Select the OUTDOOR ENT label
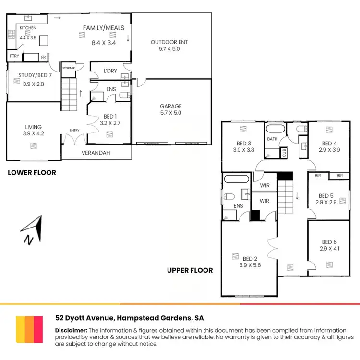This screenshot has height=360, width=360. coord(169,42)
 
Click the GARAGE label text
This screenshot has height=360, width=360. coord(171,106)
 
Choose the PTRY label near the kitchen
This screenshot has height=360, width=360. coord(14,57)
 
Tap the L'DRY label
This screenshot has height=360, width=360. coord(110,71)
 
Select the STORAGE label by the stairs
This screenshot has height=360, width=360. coord(69,68)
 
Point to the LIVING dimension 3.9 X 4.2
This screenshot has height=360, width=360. coord(33,134)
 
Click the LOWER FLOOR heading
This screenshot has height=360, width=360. coord(32,173)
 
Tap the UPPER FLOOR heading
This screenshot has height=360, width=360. coord(190,270)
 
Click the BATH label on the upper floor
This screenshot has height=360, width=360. coord(273,139)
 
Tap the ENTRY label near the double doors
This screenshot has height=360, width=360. coord(74,130)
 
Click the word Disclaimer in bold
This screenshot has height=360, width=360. coord(71,330)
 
